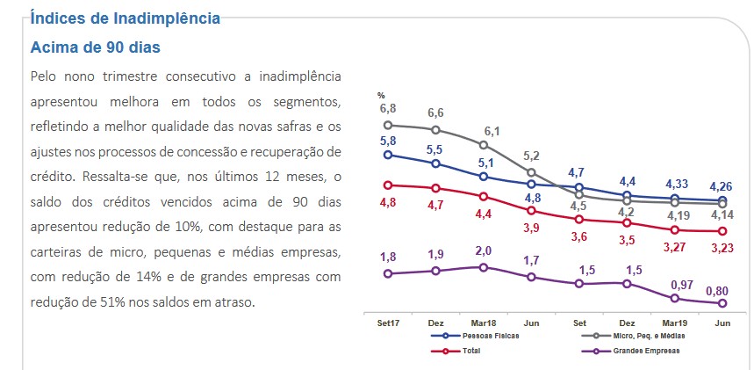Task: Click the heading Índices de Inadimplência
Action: click(125, 18)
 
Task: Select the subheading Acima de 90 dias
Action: click(96, 47)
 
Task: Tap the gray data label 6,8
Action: click(388, 108)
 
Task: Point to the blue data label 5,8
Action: click(388, 141)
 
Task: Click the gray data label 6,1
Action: click(492, 132)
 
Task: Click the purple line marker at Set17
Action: click(388, 273)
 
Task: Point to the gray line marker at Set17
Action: click(388, 125)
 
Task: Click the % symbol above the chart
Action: click(381, 95)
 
